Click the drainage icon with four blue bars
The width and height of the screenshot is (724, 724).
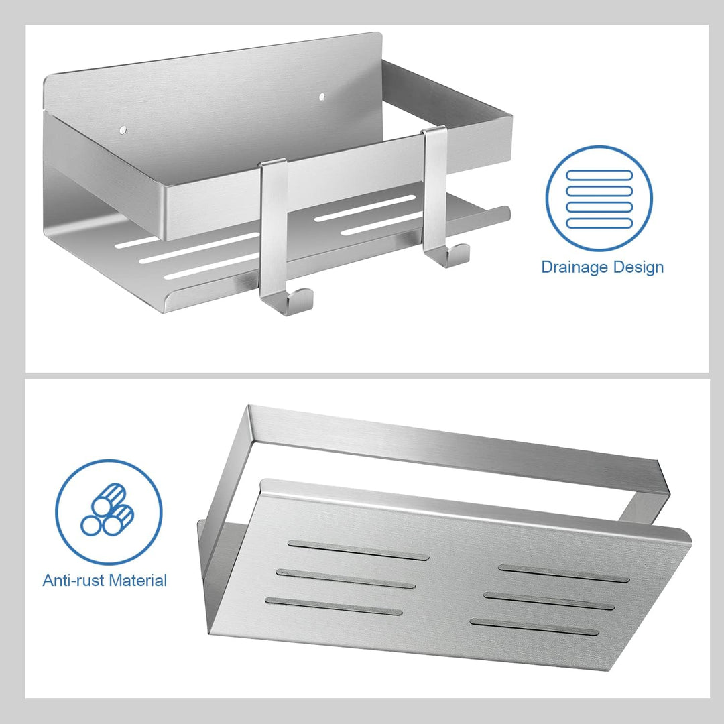(599, 198)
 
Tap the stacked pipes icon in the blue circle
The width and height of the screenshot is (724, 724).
(109, 511)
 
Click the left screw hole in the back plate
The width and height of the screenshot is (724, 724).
(123, 130)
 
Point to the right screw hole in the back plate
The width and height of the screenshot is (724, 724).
(322, 97)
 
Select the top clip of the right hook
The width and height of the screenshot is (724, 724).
(434, 130)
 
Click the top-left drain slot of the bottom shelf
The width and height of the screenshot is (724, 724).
(358, 550)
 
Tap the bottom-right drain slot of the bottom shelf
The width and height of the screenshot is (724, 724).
(534, 627)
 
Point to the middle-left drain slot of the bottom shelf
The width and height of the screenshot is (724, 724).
(346, 579)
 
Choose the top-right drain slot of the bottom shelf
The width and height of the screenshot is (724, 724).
(564, 573)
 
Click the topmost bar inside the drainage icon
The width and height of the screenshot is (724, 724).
(599, 175)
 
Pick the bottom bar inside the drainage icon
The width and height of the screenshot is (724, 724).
(599, 223)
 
